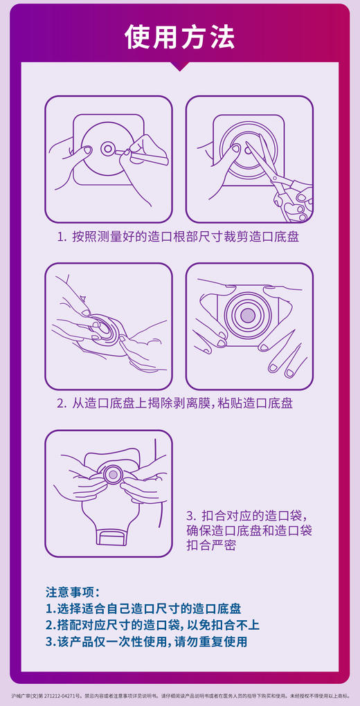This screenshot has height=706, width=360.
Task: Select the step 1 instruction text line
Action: pyautogui.click(x=179, y=237)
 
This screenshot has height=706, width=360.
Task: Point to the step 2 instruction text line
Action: pyautogui.click(x=174, y=403)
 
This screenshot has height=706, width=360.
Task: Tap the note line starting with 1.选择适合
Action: pyautogui.click(x=143, y=608)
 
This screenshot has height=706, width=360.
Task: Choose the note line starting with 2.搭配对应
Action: pyautogui.click(x=152, y=625)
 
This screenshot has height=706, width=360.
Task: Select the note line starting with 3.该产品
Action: pyautogui.click(x=146, y=642)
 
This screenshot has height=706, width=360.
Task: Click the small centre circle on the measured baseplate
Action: pyautogui.click(x=107, y=149)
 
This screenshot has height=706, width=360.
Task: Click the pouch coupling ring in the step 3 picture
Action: pyautogui.click(x=111, y=475)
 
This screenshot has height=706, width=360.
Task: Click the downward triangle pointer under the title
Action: pyautogui.click(x=180, y=66)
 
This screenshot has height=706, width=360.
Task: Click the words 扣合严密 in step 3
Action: pyautogui.click(x=211, y=546)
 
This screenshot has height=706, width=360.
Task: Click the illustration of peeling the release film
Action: pyautogui.click(x=109, y=326)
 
